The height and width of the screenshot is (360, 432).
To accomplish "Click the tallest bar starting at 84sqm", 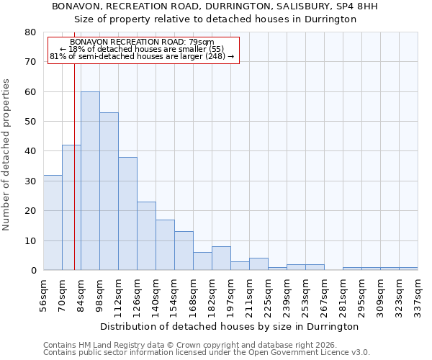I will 90,181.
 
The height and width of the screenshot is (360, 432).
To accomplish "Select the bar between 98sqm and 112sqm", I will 109,192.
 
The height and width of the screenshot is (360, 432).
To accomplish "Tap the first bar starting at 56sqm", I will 53,222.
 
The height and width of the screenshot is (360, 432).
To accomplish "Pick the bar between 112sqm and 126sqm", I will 127,214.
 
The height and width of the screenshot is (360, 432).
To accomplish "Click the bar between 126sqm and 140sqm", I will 146,236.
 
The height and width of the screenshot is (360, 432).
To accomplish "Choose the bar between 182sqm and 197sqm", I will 221,258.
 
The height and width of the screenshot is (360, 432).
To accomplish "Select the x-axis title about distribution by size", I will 229,326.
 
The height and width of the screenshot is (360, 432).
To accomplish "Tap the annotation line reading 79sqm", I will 143,42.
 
